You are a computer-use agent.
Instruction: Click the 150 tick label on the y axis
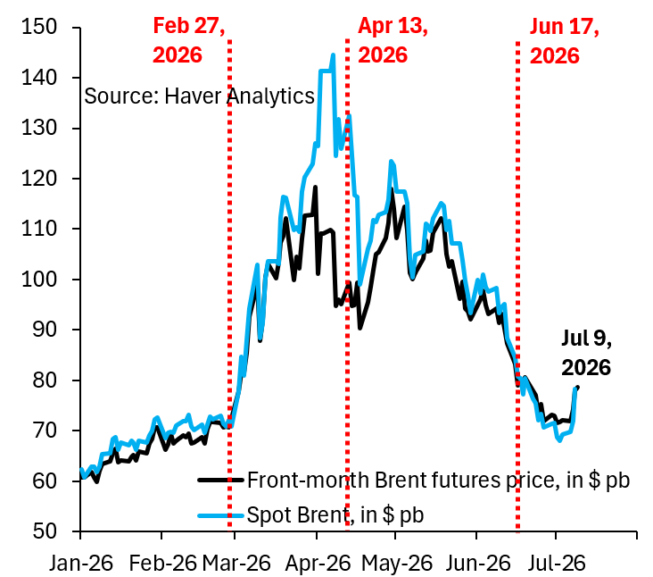[x=38, y=28]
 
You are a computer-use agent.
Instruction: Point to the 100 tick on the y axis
[x=76, y=279]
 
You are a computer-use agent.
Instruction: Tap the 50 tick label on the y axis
[x=45, y=531]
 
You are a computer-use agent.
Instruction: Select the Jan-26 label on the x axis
[x=81, y=563]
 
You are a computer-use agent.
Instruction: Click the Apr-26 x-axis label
[x=318, y=563]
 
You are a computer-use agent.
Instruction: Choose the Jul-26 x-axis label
[x=557, y=563]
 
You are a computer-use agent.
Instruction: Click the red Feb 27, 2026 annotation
[x=188, y=40]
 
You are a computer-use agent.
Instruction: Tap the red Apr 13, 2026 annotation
[x=393, y=40]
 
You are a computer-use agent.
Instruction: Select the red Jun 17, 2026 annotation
[x=565, y=41]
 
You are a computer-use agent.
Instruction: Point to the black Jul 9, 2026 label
[x=586, y=353]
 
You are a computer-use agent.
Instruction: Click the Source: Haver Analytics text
[x=199, y=96]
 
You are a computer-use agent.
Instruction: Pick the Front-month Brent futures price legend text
[x=439, y=481]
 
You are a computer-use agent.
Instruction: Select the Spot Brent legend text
[x=335, y=514]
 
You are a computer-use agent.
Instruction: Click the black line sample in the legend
[x=220, y=481]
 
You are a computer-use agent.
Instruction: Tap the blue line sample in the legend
[x=220, y=515]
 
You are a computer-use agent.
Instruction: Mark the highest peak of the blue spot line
[x=333, y=54]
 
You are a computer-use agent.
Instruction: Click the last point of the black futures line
[x=577, y=387]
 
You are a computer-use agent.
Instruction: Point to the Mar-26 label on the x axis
[x=236, y=563]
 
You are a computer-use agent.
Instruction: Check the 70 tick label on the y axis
[x=45, y=431]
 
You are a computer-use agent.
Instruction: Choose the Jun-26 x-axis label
[x=478, y=563]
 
